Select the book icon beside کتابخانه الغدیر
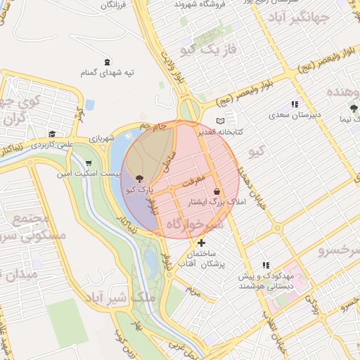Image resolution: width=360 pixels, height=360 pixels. pos(227,121)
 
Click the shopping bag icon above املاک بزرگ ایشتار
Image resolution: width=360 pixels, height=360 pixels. pos(217,191)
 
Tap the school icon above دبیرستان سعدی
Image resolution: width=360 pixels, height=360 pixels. pos(295,104)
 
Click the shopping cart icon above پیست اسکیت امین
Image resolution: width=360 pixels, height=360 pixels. pos(87,162)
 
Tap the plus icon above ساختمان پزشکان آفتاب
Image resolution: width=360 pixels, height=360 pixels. pos(202,243)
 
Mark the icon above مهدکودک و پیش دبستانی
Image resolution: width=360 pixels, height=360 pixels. pos(266,265)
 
